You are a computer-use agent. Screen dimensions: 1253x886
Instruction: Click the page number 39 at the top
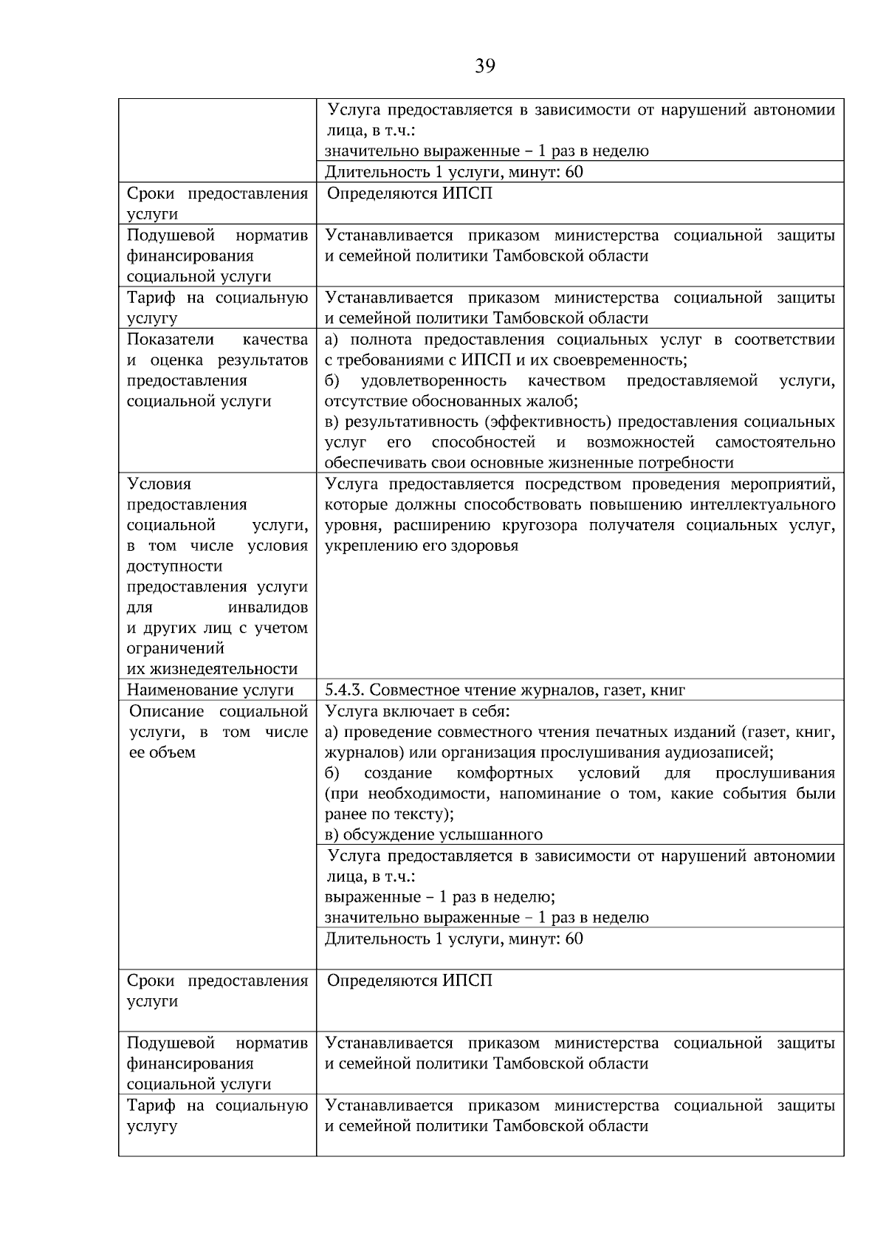point(485,66)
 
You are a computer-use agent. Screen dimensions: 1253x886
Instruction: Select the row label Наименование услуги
point(210,690)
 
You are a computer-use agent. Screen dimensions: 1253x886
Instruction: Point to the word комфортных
point(505,773)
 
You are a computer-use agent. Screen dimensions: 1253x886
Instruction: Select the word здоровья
point(484,546)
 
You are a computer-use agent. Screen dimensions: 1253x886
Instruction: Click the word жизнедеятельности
point(213,670)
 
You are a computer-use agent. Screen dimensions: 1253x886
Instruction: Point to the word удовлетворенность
point(433,381)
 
